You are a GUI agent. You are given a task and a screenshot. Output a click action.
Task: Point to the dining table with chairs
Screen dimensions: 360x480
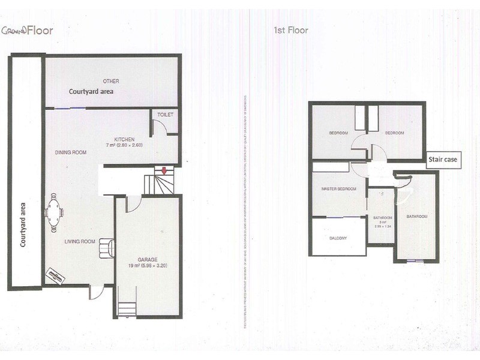click(x=53, y=210)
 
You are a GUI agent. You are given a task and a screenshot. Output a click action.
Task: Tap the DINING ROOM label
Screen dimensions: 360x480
click(x=71, y=152)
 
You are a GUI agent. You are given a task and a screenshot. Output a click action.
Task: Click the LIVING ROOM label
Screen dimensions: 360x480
click(x=80, y=242)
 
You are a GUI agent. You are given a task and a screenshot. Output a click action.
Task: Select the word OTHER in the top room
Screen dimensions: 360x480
click(x=110, y=80)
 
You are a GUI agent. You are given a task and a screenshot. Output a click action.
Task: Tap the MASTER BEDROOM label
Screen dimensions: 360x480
click(x=339, y=189)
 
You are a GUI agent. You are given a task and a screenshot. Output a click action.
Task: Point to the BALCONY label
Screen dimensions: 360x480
click(x=338, y=238)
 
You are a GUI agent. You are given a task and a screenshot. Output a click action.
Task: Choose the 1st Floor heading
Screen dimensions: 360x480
click(x=290, y=29)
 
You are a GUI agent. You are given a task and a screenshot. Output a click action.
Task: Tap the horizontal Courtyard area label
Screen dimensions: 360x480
click(x=91, y=92)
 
